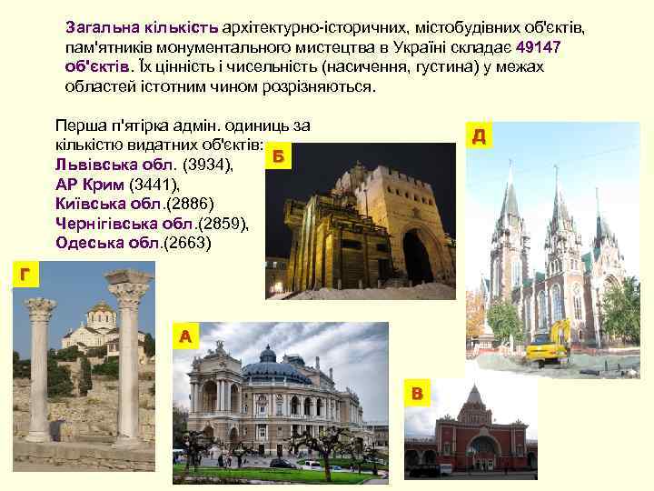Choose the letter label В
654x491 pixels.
[x=417, y=394]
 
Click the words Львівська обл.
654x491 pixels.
[x=116, y=166]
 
